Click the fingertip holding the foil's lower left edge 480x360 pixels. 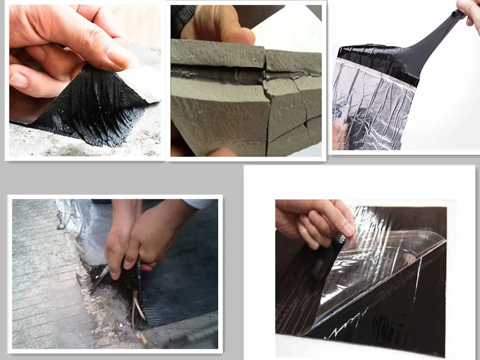coord(337,134)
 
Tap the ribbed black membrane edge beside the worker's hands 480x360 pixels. coord(159,300)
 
